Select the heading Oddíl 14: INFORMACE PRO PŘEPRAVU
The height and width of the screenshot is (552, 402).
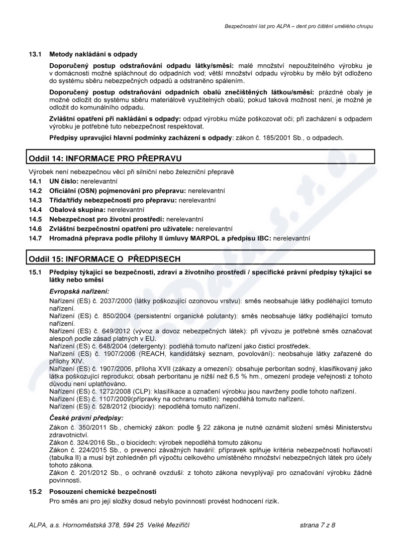tap(105, 159)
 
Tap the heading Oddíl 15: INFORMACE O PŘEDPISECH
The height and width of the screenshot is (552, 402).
tap(105, 259)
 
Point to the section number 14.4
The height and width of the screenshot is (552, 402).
tap(34, 209)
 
